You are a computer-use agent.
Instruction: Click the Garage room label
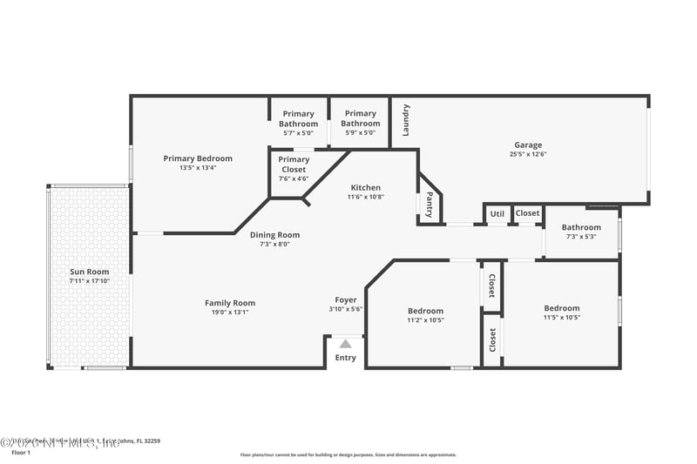[527, 145]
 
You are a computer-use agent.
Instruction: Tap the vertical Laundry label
[406, 120]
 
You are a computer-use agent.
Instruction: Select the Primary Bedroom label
[198, 158]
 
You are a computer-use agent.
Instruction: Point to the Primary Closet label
[294, 165]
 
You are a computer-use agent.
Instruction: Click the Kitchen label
[366, 187]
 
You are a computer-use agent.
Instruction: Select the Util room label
[497, 213]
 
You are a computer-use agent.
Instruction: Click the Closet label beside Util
[527, 213]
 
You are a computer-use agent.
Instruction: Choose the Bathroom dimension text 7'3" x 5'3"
[581, 237]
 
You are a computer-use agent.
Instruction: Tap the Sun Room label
[90, 272]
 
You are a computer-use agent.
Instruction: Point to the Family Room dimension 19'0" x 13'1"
[230, 312]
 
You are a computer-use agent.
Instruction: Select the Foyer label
[346, 299]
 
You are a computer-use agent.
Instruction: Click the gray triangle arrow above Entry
[346, 344]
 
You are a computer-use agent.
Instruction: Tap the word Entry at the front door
[346, 358]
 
